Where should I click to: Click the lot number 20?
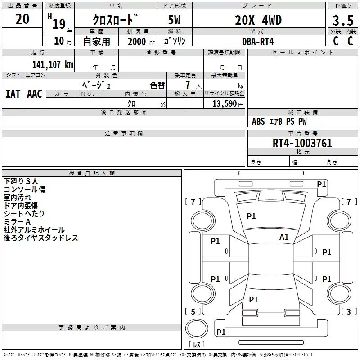[22, 19]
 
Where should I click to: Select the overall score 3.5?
[342, 21]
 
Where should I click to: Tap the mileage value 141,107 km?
[52, 64]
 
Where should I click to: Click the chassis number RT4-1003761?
[302, 143]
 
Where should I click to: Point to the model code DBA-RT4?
[258, 41]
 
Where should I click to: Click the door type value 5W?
[175, 21]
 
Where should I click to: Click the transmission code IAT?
[13, 94]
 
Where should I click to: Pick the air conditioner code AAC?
[35, 94]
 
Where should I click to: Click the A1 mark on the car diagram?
[284, 237]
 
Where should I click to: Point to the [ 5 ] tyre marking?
[193, 311]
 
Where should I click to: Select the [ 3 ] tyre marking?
[349, 311]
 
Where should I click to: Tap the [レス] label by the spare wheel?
[196, 345]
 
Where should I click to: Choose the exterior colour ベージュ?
[96, 85]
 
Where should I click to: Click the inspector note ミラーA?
[17, 222]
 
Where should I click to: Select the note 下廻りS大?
[21, 181]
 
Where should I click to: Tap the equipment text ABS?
[258, 121]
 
